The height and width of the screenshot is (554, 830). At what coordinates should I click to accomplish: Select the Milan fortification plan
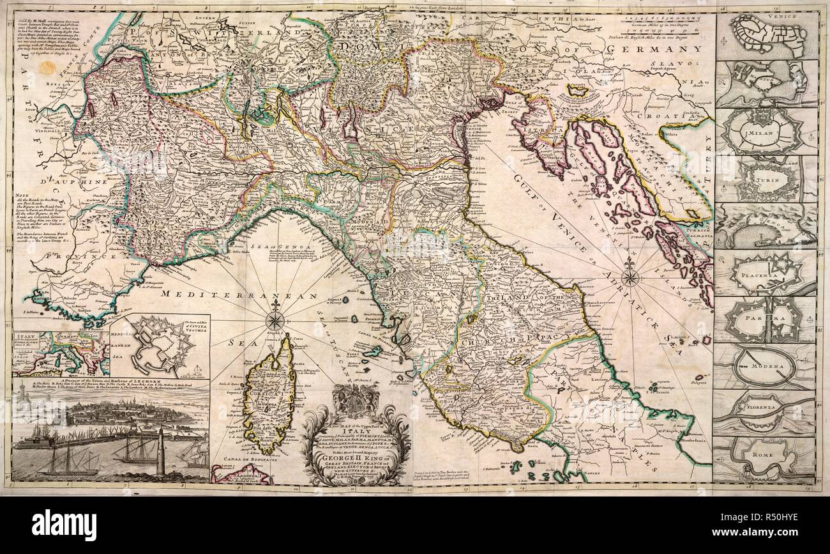click(x=765, y=132)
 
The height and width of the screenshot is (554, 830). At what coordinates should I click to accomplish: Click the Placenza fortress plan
click(x=765, y=273)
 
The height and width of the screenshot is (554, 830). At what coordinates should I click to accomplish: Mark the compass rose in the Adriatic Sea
click(x=630, y=277)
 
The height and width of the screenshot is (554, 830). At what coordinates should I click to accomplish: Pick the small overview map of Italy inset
click(x=61, y=354)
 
